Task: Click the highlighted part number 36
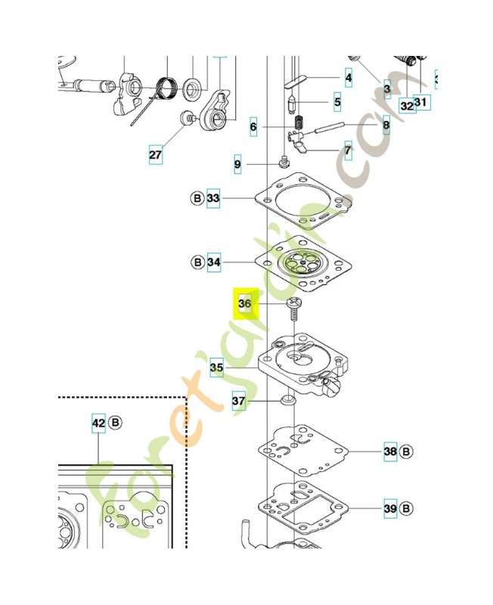[245, 304]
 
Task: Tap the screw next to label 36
[293, 309]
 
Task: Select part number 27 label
[155, 156]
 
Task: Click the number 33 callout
[213, 199]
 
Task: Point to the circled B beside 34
[196, 263]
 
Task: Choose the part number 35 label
[217, 368]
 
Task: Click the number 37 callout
[238, 401]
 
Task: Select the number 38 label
[390, 452]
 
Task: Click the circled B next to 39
[407, 508]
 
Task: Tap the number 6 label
[253, 127]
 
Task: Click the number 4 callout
[348, 78]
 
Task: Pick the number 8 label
[386, 126]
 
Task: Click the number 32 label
[407, 106]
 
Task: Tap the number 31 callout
[421, 103]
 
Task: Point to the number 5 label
[337, 102]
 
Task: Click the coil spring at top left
[166, 88]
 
